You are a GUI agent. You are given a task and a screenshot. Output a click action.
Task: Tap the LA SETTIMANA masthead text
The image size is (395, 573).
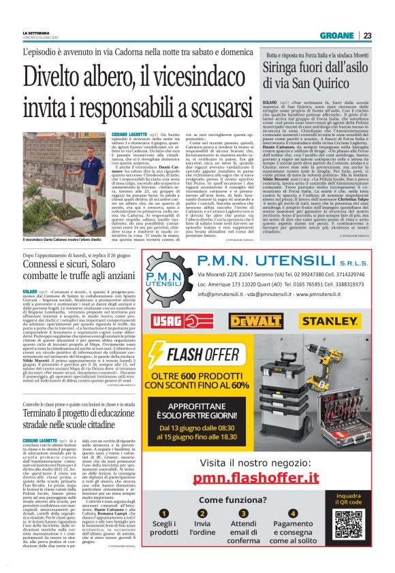click(36, 33)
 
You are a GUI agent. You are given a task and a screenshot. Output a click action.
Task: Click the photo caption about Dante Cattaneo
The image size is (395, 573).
click(63, 241)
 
